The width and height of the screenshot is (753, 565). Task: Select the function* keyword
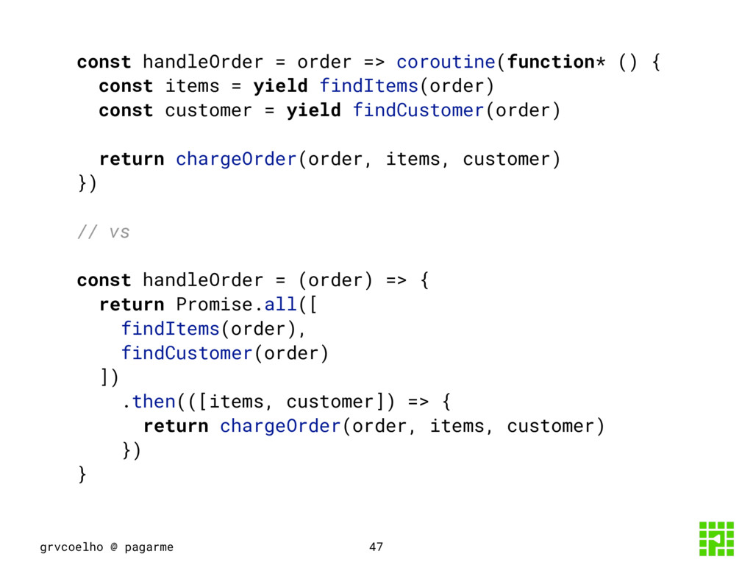coord(556,62)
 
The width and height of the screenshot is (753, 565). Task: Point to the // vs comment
coord(104,232)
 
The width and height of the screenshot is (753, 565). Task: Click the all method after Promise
coord(280,305)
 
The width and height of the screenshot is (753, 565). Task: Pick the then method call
coord(154,402)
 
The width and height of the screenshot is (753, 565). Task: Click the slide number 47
coord(376,547)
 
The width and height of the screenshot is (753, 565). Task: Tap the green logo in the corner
coord(715,539)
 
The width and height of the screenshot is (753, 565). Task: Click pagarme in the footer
coord(149,547)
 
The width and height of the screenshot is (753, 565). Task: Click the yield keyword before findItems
coord(280,86)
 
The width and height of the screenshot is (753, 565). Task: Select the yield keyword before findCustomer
coord(313,110)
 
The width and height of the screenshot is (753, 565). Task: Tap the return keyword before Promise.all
coord(132,305)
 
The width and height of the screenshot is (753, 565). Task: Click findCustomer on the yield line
coord(418,110)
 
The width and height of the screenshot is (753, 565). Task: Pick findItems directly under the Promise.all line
coord(170,329)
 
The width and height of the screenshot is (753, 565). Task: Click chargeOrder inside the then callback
coord(279,426)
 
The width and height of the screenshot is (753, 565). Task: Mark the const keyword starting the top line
coord(104,62)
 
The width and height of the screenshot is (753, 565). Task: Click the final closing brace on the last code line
coord(82,475)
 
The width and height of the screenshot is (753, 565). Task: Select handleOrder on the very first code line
coord(203,62)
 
